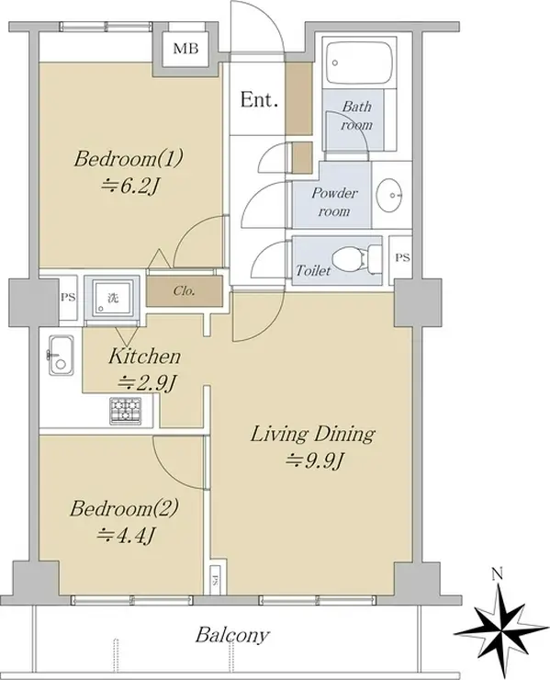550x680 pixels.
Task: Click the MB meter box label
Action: (185, 48)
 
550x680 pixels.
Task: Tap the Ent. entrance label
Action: (259, 100)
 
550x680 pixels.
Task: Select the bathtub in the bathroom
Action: (359, 62)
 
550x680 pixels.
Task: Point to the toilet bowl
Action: (352, 258)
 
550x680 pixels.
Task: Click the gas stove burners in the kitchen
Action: (126, 410)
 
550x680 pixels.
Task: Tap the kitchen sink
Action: (62, 356)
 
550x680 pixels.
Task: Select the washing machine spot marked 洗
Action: (112, 298)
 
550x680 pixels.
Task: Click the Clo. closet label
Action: (184, 290)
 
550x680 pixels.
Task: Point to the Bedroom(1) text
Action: (129, 158)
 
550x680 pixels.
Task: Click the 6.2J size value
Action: (129, 187)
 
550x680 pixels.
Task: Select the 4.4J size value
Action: (125, 536)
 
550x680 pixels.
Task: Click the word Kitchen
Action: (144, 356)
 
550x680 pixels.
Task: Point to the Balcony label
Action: (232, 635)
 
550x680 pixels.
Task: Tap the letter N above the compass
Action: (498, 575)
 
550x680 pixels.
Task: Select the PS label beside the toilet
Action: (402, 257)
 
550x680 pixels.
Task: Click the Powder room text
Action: (334, 201)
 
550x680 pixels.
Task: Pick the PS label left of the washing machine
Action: (68, 298)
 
